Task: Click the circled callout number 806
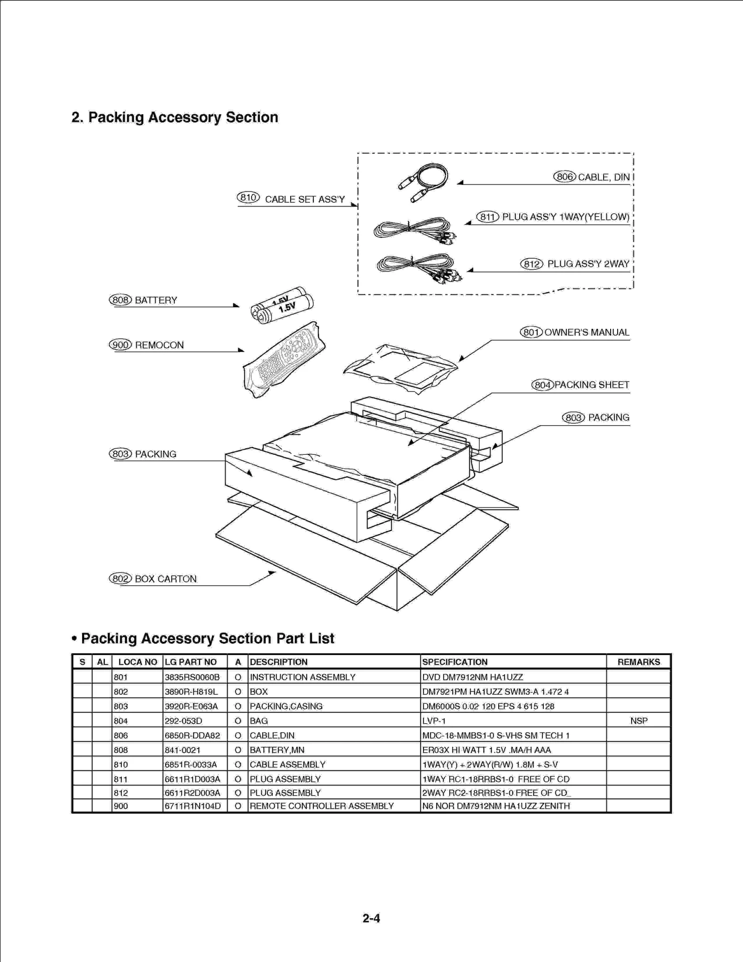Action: point(564,177)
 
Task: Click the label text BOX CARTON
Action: point(165,579)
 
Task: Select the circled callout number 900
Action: point(120,345)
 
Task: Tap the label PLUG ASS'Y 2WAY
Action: point(588,264)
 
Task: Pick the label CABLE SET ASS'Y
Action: point(305,199)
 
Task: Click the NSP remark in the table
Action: point(639,720)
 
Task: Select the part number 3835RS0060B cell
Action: point(192,677)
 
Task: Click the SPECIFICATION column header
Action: point(455,662)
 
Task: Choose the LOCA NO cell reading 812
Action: point(121,793)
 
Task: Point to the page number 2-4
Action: point(371,918)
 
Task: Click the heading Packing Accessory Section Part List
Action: point(207,638)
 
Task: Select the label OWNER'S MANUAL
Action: point(587,332)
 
